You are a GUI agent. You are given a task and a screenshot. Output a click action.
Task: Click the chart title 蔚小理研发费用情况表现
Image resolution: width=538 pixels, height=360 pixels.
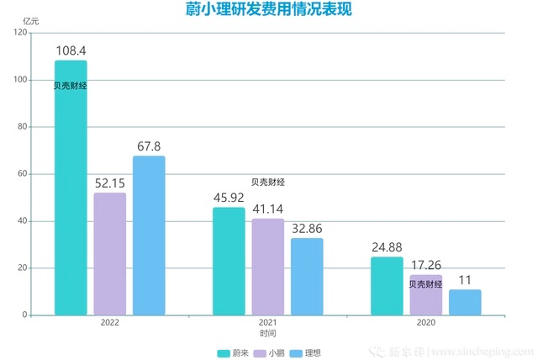pos(268,10)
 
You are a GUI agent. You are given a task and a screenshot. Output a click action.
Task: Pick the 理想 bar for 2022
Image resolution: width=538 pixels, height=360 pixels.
pos(149,236)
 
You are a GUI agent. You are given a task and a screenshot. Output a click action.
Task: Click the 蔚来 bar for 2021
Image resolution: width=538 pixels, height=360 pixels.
pos(229,261)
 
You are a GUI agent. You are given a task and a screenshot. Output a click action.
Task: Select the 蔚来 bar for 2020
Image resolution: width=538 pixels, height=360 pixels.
pos(387,286)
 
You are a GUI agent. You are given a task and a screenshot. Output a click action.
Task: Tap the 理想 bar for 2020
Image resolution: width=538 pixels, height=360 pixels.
pos(465,302)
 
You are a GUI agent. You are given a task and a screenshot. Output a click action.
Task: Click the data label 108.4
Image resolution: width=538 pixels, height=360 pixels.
pos(71,50)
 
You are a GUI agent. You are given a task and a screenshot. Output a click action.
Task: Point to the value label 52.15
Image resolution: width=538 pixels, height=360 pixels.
pos(110,183)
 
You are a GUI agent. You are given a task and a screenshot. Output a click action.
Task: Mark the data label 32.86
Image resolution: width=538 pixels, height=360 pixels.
pos(307,228)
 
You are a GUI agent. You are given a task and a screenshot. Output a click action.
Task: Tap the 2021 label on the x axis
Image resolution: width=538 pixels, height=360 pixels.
pos(267,323)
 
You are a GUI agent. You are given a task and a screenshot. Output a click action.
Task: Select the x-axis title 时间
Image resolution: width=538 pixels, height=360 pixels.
pos(267,334)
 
